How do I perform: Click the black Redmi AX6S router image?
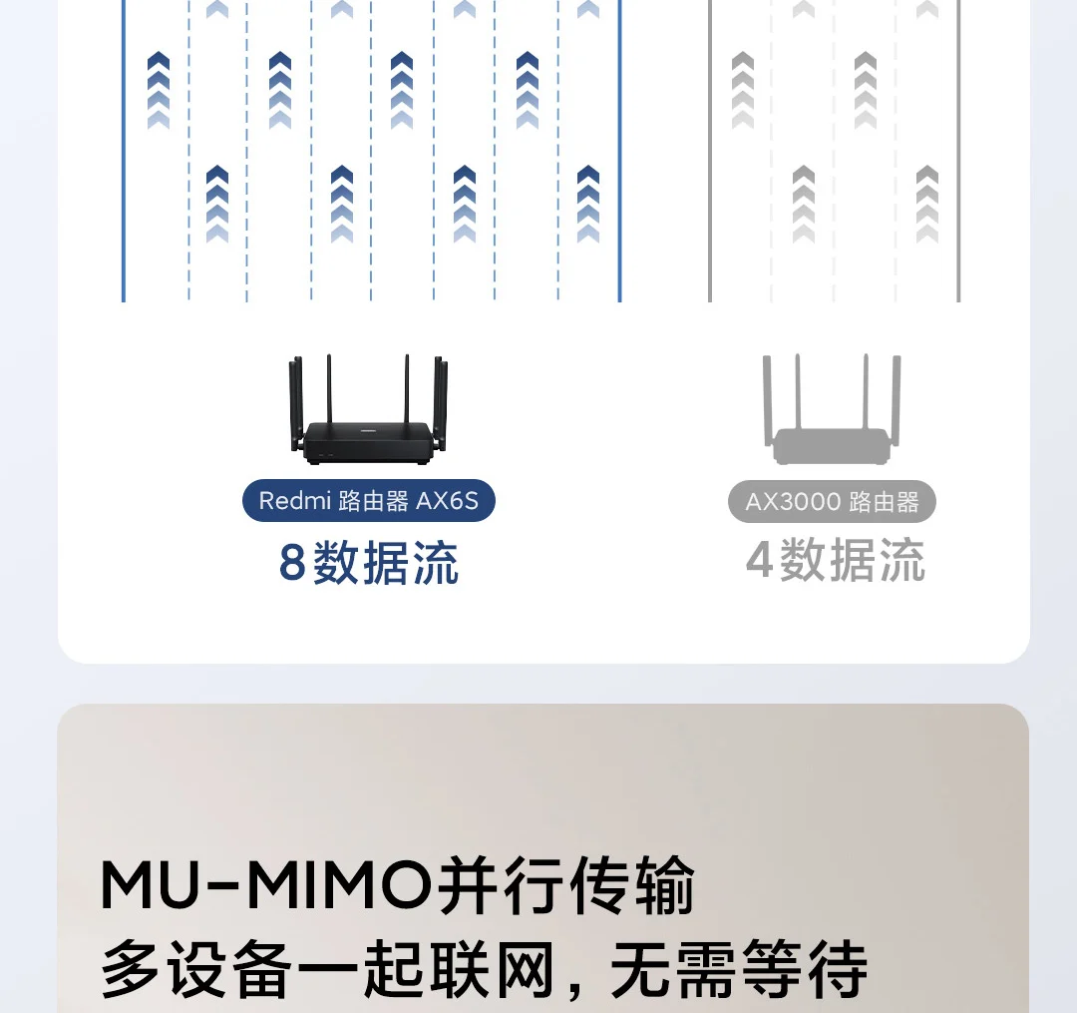click(368, 419)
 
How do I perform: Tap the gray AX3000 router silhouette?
click(832, 419)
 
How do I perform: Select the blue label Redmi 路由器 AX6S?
click(368, 500)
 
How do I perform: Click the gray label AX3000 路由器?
click(832, 501)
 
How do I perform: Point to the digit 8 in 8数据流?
click(292, 563)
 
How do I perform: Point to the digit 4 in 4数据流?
click(759, 560)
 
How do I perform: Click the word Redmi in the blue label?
click(294, 500)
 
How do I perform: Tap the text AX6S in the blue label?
click(447, 500)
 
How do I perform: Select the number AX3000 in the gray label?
click(794, 501)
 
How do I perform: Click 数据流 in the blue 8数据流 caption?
click(386, 563)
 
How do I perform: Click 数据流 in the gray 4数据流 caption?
click(852, 560)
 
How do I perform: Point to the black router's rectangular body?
click(368, 443)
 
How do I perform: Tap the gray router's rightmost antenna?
click(897, 399)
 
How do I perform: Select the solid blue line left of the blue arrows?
click(124, 150)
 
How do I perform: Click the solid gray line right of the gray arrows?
click(958, 150)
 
